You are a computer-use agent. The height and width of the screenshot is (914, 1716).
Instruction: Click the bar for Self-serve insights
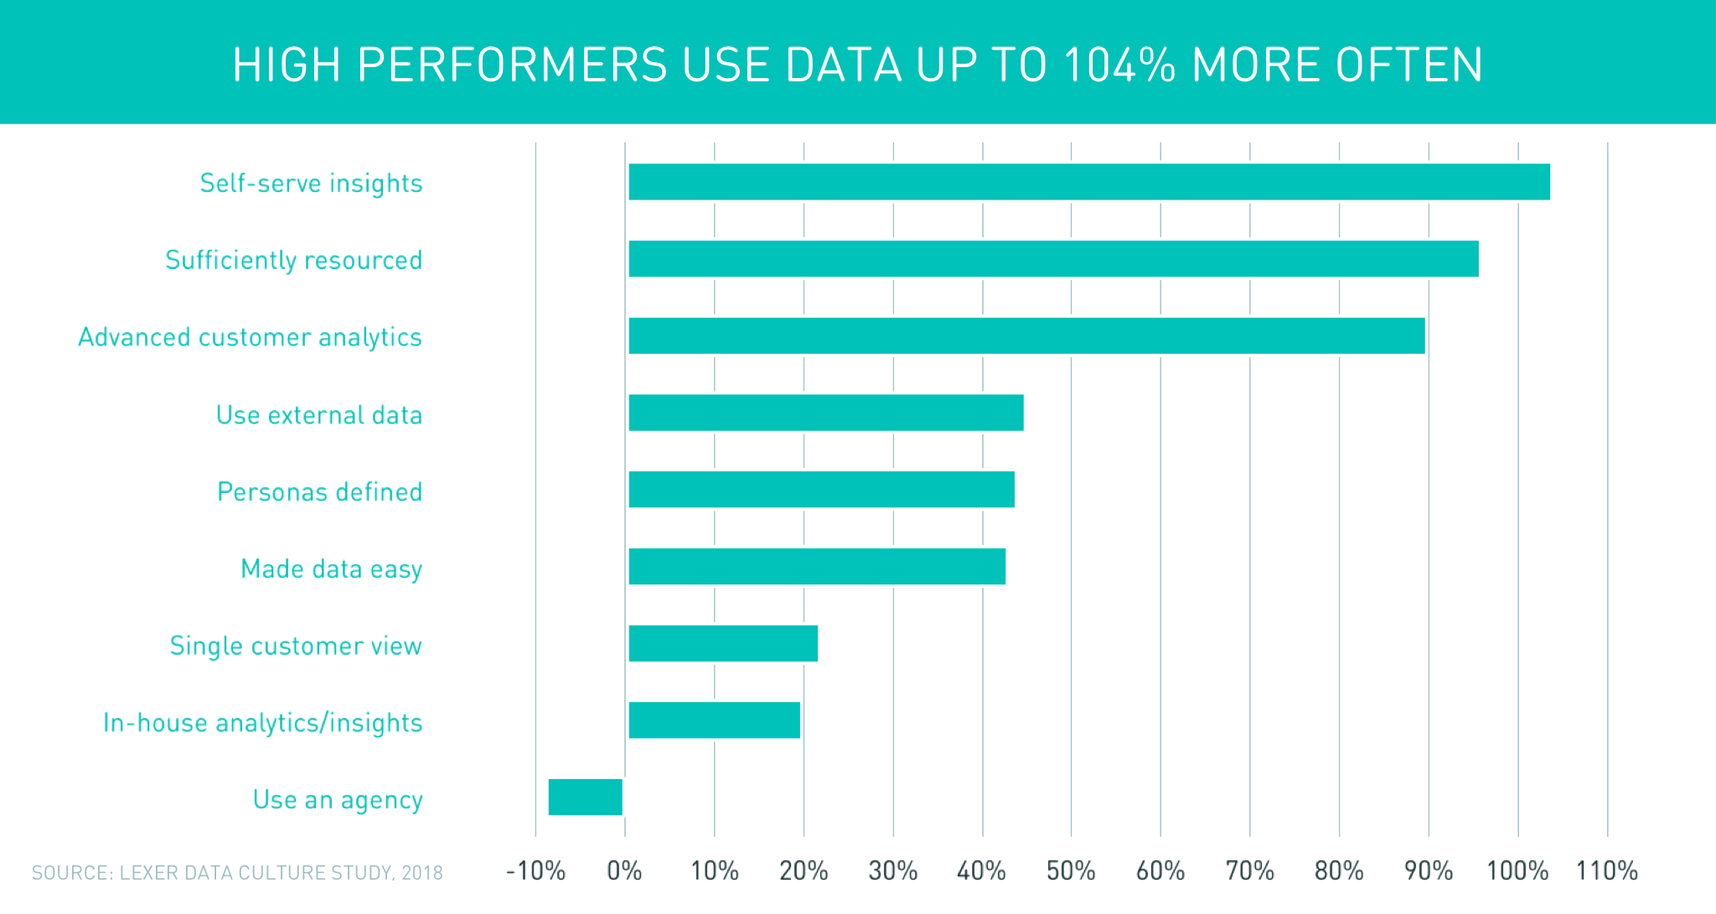(x=1089, y=182)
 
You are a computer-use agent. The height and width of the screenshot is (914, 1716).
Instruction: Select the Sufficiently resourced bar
(x=1053, y=258)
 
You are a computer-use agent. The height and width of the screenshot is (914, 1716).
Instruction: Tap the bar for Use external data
(x=826, y=413)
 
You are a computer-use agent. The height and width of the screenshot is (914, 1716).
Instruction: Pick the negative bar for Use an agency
(x=586, y=797)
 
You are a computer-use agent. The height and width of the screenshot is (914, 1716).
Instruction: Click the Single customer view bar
(x=723, y=643)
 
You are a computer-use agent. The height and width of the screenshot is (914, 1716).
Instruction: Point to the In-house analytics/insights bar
(x=714, y=720)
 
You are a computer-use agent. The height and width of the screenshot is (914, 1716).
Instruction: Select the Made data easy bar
(x=817, y=567)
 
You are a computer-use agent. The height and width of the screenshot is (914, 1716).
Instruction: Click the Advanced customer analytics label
(x=250, y=337)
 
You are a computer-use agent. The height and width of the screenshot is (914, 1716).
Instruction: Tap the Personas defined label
(x=319, y=491)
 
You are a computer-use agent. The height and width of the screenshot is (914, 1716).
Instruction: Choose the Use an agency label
(x=338, y=800)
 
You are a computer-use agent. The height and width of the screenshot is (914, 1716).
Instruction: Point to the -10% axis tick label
(x=535, y=871)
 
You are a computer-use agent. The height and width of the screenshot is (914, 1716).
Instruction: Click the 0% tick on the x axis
(x=625, y=871)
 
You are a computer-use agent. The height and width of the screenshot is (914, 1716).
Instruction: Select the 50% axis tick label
(x=1071, y=871)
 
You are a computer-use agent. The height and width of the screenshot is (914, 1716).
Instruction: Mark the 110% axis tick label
(x=1606, y=871)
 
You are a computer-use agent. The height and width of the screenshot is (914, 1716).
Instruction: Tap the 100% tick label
(x=1517, y=871)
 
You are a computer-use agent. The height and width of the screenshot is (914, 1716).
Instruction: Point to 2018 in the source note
(x=421, y=873)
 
